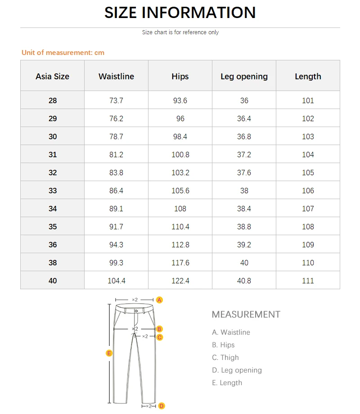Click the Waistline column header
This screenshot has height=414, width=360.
coord(116,77)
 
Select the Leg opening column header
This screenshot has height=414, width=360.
coord(244,77)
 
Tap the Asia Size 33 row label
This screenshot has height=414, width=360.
coord(53,191)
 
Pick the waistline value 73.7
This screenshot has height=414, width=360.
coord(116,100)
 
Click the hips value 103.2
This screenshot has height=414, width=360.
coord(180,173)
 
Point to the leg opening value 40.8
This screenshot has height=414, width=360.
coord(244,281)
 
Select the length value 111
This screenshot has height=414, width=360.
coord(308,281)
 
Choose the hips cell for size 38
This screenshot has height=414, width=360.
coord(180,263)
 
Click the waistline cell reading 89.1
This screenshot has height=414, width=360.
coord(116,209)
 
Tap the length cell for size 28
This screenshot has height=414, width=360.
coord(308,100)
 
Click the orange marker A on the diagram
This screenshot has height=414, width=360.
coord(159,300)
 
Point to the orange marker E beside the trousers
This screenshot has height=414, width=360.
coord(109,353)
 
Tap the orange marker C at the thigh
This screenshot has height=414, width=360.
coord(160,337)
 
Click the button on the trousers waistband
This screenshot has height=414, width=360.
coord(136,310)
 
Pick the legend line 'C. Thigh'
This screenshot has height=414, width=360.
coord(225,358)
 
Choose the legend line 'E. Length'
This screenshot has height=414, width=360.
coord(227,383)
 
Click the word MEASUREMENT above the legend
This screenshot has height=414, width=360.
coord(246,314)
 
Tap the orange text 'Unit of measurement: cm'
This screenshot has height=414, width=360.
coord(63,53)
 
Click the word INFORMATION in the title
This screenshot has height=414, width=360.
coord(199,13)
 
